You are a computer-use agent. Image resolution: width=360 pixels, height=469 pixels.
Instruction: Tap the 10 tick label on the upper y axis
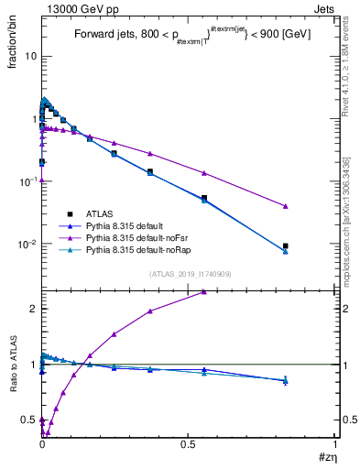pyautogui.click(x=29, y=56)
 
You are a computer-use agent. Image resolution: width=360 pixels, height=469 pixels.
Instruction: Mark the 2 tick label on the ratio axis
pyautogui.click(x=33, y=309)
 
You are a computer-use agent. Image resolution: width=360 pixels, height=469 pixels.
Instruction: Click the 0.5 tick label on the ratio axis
pyautogui.click(x=28, y=420)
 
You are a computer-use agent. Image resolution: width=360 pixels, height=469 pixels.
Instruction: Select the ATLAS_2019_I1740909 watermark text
pyautogui.click(x=189, y=275)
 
